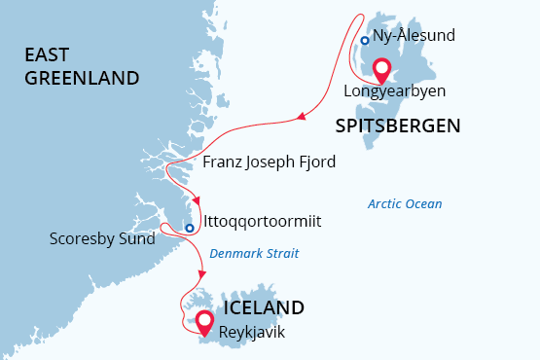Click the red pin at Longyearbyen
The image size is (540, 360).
[x=381, y=70]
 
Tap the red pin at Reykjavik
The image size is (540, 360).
[x=204, y=322]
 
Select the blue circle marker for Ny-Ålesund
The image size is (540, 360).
[x=364, y=41]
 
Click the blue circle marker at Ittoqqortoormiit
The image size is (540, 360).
[x=191, y=229]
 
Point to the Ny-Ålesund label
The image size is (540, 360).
[x=414, y=36]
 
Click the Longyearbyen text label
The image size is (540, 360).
[x=394, y=91]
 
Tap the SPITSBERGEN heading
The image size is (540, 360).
[x=397, y=125]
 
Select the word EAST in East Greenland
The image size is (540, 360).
[x=49, y=56]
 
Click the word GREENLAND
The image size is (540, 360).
[x=83, y=77]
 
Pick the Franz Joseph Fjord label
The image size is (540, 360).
[x=269, y=162]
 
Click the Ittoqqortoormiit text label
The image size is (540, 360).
[x=263, y=222]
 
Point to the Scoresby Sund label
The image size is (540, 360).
[x=102, y=238]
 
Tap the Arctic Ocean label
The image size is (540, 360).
[x=405, y=204]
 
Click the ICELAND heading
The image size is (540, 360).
[x=264, y=307]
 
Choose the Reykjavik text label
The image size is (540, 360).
[x=253, y=332]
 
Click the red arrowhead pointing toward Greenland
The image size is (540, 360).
[x=302, y=118]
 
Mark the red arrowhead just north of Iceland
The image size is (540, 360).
[x=202, y=270]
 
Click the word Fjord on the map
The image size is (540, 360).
[x=314, y=162]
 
